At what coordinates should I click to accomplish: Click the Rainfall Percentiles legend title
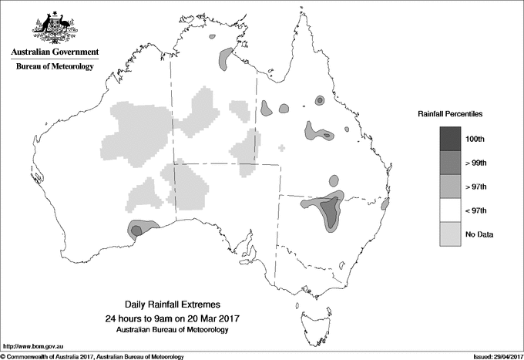(450, 113)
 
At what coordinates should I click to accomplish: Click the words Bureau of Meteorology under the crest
(55, 67)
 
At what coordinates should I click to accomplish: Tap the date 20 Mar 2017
(211, 318)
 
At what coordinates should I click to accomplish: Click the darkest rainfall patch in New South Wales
(331, 210)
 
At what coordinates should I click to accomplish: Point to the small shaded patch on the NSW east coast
(387, 204)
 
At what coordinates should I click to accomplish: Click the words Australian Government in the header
(55, 52)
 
